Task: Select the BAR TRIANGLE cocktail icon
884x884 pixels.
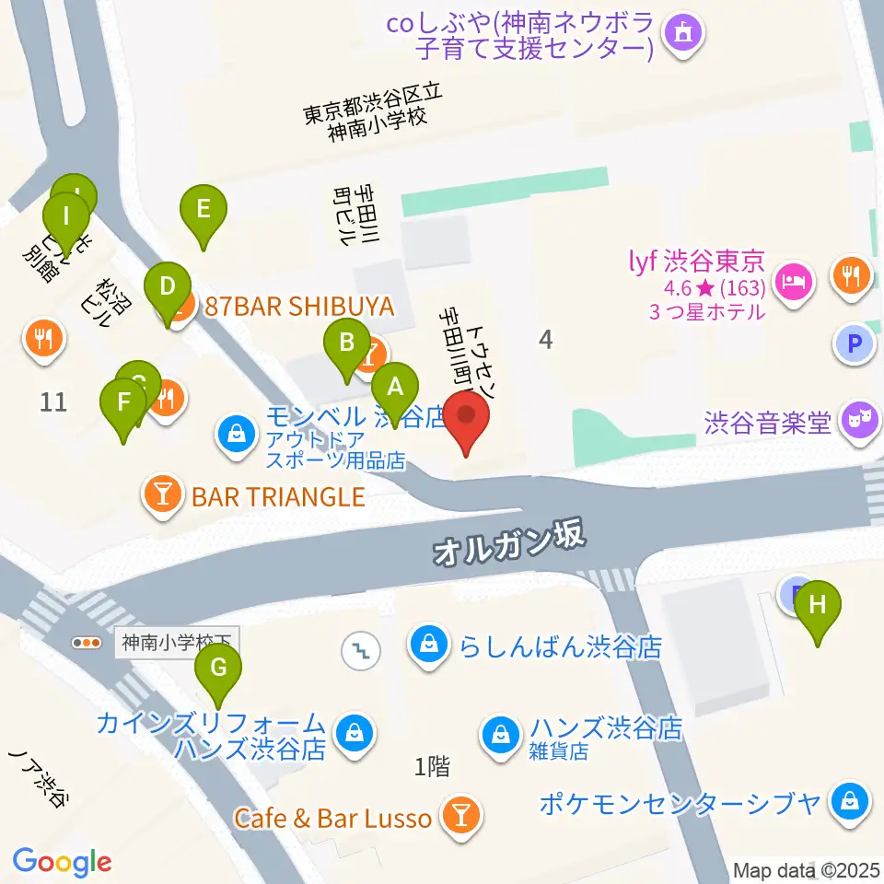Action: tap(163, 497)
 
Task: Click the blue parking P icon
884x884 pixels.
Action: tap(853, 344)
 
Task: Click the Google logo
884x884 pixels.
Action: tap(62, 862)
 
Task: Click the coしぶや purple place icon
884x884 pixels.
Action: tap(684, 35)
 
